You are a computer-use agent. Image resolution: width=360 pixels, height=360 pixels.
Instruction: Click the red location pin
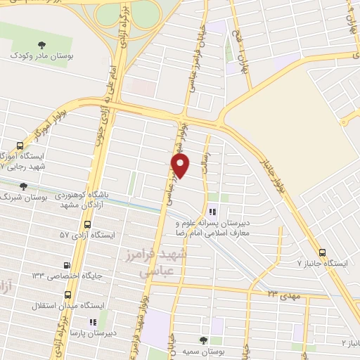click(181, 165)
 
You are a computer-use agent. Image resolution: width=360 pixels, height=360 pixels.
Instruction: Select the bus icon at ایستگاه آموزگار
click(11, 142)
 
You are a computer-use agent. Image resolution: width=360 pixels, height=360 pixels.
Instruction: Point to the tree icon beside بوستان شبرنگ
click(23, 186)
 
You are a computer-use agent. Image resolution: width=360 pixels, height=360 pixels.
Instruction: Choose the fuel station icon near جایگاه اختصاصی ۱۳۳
click(67, 264)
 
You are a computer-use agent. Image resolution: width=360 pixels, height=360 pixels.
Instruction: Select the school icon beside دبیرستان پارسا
click(93, 321)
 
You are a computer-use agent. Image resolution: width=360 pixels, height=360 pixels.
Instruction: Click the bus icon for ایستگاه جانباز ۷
click(322, 252)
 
